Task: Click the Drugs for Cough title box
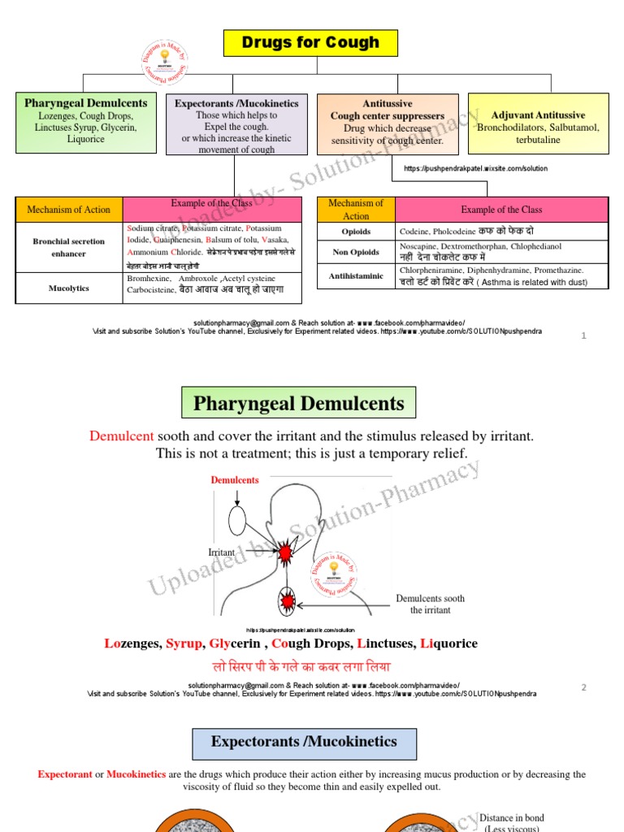click(310, 43)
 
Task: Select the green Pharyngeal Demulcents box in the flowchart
click(86, 123)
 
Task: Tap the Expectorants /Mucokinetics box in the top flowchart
click(236, 124)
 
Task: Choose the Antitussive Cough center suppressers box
click(388, 123)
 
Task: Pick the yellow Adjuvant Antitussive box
click(538, 123)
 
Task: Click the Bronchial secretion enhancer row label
click(69, 247)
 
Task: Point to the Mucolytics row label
click(69, 288)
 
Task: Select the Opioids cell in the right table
click(356, 232)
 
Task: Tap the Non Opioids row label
click(356, 252)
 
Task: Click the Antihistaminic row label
click(356, 276)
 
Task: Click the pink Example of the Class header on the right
click(501, 210)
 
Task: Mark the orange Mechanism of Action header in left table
click(69, 210)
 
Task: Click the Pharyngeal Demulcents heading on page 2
click(298, 404)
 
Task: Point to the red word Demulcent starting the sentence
click(121, 436)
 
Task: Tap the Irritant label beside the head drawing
click(222, 552)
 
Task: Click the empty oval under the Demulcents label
click(237, 518)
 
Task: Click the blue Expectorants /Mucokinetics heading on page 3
click(304, 742)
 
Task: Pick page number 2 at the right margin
click(583, 687)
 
